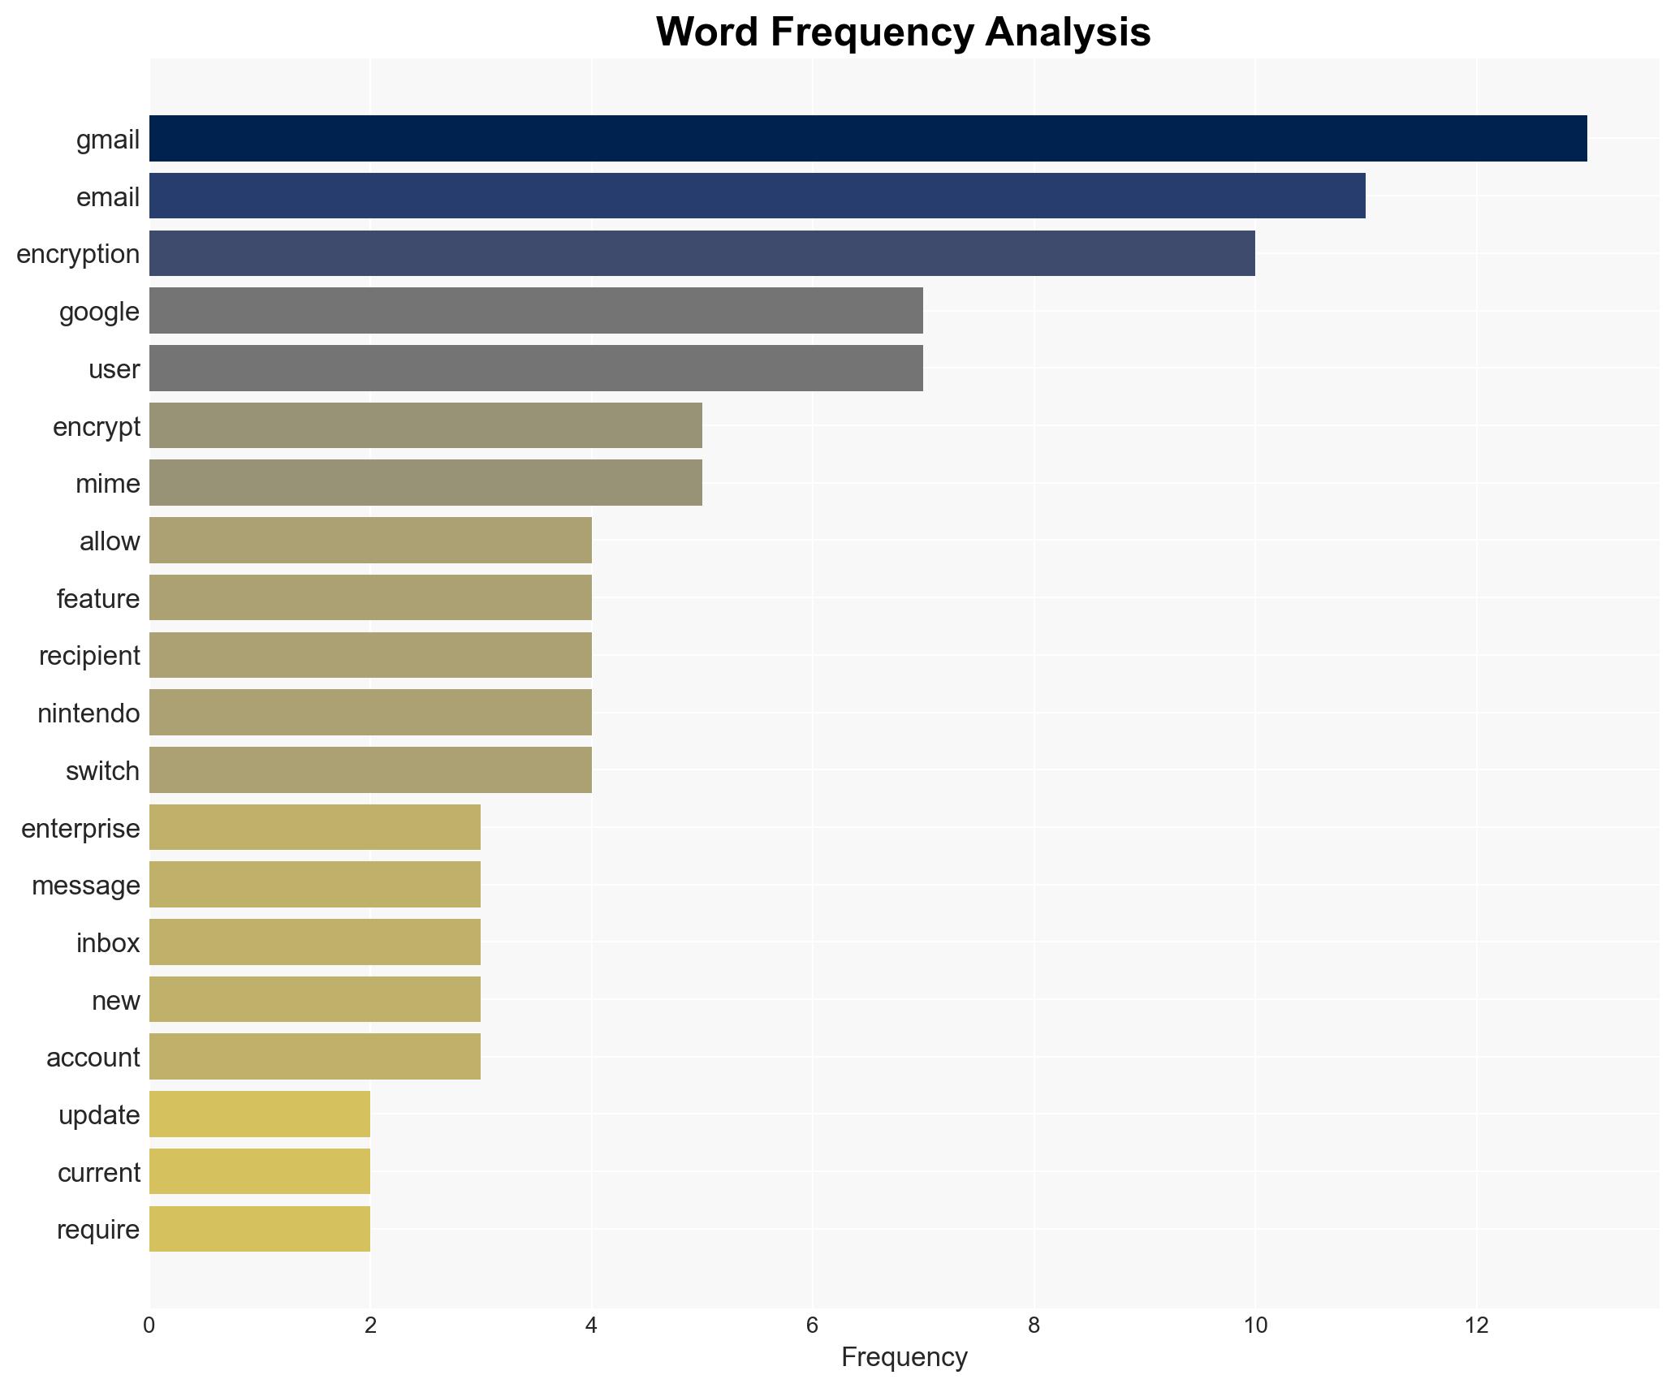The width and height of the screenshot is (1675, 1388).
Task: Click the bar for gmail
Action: click(867, 138)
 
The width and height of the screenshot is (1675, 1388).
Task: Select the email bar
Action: click(757, 196)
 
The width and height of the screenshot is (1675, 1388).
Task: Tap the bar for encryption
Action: click(702, 253)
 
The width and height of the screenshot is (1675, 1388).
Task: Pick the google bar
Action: click(536, 311)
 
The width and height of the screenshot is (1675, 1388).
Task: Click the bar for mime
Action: click(425, 483)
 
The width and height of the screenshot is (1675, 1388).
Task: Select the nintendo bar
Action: click(370, 713)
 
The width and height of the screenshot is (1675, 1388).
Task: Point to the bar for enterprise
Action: click(315, 827)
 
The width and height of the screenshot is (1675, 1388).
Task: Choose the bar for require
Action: click(260, 1229)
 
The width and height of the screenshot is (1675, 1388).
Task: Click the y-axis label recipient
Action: click(89, 656)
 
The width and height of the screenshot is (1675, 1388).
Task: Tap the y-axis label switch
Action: click(102, 771)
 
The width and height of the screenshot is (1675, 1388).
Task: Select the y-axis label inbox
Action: click(108, 943)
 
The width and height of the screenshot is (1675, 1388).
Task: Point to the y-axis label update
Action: click(99, 1115)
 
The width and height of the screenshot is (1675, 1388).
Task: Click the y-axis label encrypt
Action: click(97, 427)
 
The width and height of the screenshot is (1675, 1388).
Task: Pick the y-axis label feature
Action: click(98, 599)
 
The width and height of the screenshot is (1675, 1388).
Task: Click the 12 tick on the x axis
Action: click(1476, 1325)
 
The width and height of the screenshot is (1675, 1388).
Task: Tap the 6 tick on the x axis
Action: click(812, 1325)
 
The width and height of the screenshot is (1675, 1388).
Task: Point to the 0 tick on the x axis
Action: click(149, 1325)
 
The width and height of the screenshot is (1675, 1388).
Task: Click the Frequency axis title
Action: click(904, 1357)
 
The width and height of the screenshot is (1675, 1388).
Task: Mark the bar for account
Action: click(315, 1057)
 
